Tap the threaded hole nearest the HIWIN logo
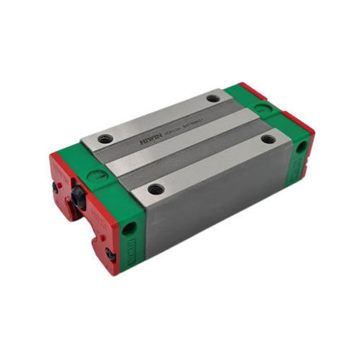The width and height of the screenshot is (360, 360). pyautogui.click(x=105, y=139)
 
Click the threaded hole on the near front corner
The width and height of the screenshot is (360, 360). pyautogui.click(x=156, y=188)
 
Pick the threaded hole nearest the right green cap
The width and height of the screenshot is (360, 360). pyautogui.click(x=268, y=139)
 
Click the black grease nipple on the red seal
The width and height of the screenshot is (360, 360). pyautogui.click(x=79, y=200)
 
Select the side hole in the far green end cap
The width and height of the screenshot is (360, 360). pyautogui.click(x=303, y=148)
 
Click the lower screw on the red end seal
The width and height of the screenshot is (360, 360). pyautogui.click(x=109, y=252)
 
